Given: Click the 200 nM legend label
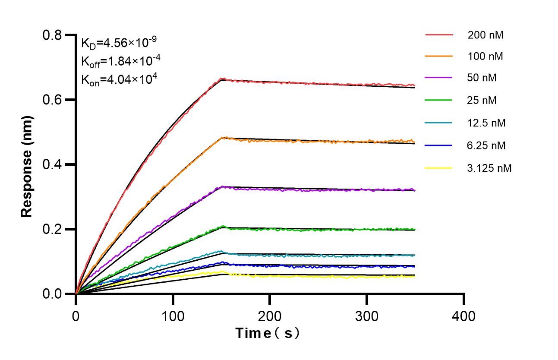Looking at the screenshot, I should tap(485, 35).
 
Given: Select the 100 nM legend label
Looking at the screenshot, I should tap(485, 56).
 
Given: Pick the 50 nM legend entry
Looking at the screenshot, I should tap(482, 78).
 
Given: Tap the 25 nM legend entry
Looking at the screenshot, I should tap(482, 101).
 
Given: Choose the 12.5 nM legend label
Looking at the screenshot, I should tap(486, 123).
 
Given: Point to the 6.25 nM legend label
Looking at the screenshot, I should tap(486, 145).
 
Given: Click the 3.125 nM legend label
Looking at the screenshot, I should tap(489, 168).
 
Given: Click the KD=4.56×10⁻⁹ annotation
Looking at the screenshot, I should tap(119, 43).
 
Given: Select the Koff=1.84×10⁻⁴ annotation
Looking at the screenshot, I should tap(121, 61).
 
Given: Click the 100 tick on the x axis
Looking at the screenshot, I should tap(173, 316).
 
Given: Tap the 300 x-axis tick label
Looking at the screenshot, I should tap(366, 316).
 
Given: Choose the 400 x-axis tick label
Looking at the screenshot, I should tap(463, 316).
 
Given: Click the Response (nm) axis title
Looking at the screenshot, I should tap(27, 164).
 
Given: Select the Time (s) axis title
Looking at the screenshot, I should tap(268, 333).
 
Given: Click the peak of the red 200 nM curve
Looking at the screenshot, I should tap(222, 79).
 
